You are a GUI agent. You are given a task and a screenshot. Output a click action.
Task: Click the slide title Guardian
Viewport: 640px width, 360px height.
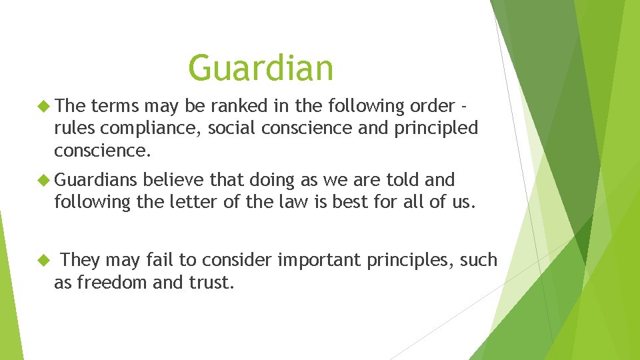pos(261,68)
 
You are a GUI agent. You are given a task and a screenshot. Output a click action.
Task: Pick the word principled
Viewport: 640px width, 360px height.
pos(435,128)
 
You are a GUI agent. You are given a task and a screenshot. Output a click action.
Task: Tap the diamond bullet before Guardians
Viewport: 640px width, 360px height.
pos(45,180)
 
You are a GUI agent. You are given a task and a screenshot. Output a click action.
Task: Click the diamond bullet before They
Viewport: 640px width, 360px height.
pos(45,260)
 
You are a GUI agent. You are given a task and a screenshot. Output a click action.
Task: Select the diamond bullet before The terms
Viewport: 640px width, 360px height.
pos(45,106)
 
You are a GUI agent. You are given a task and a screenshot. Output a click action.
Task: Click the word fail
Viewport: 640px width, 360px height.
pos(166,260)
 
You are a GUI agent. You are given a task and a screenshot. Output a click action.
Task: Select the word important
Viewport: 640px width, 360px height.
pos(319,260)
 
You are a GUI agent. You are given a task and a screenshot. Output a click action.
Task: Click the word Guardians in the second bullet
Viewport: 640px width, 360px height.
pos(96,180)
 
